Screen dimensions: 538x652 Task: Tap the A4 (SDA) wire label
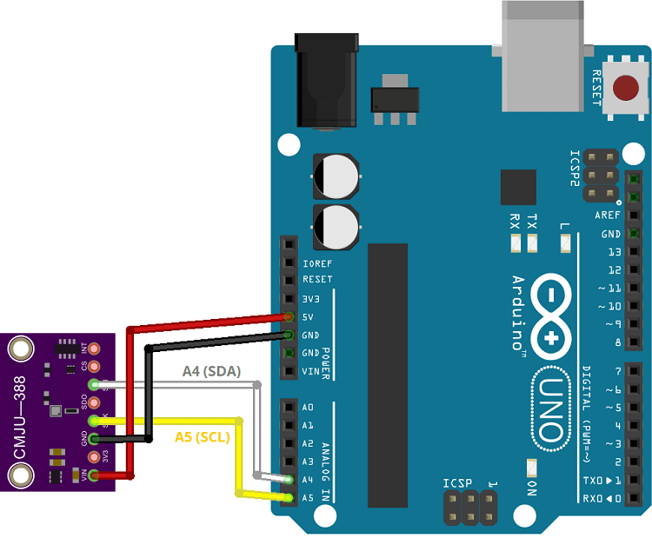[x=210, y=371]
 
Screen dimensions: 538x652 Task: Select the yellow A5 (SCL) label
[x=202, y=436]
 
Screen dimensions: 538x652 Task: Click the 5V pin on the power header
[x=288, y=317]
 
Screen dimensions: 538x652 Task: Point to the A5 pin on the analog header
[x=288, y=497]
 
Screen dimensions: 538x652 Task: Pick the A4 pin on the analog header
[x=288, y=480]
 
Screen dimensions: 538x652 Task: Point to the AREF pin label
[x=609, y=215]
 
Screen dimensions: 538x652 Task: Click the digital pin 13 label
[x=614, y=252]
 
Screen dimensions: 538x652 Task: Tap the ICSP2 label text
[x=575, y=169]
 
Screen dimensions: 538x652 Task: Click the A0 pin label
[x=308, y=408]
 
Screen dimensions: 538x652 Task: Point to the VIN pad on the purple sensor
[x=94, y=475]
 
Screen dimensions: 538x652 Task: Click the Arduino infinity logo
[x=549, y=316]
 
